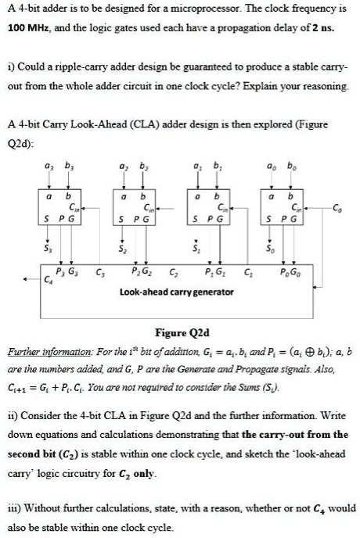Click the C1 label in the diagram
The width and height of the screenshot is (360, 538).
click(248, 274)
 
